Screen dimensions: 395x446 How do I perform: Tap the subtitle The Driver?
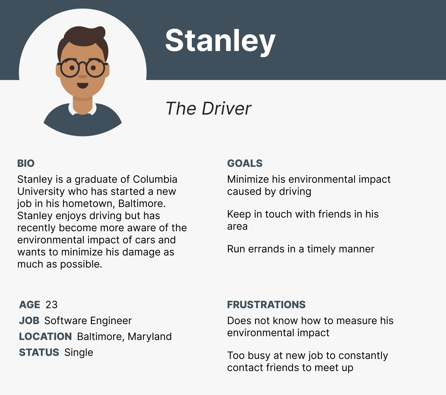208,109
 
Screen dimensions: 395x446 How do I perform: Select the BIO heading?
26,163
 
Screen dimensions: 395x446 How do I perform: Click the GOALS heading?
245,163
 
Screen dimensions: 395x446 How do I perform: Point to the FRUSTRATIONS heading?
266,305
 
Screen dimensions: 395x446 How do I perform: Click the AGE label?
30,305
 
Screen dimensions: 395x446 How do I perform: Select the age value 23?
51,305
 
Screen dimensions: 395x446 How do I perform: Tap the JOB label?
29,321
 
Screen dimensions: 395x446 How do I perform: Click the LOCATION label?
45,336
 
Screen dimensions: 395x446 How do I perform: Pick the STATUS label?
39,352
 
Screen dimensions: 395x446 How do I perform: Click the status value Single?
78,353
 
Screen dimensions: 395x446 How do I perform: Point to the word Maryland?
150,337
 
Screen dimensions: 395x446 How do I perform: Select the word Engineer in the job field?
111,321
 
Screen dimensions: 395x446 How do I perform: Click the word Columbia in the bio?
155,179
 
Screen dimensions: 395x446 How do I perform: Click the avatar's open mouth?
82,85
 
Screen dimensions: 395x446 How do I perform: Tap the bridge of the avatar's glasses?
82,64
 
